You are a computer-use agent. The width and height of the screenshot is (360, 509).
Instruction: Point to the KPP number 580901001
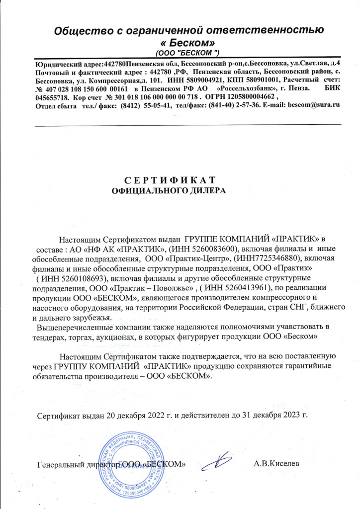[258, 80]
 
